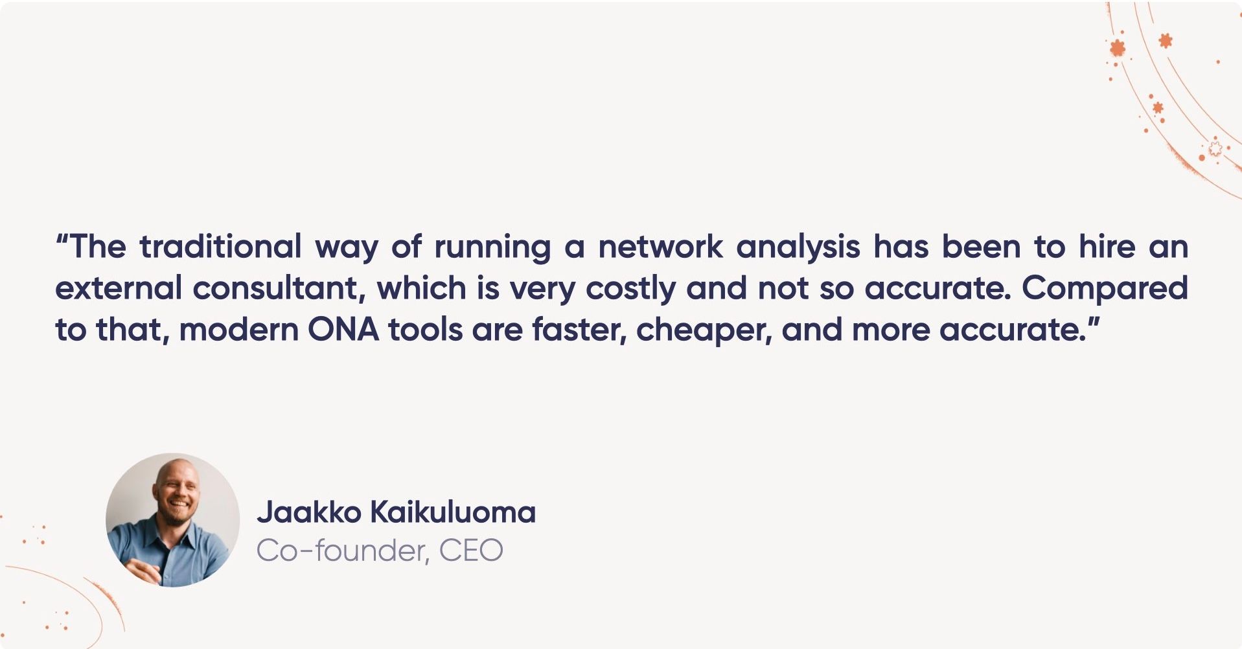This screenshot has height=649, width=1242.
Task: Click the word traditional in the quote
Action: pyautogui.click(x=220, y=247)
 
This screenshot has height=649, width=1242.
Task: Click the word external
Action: pyautogui.click(x=118, y=288)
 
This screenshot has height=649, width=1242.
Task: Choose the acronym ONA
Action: pyautogui.click(x=343, y=330)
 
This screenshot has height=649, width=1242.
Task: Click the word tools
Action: pyautogui.click(x=426, y=330)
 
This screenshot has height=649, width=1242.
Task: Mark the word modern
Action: pyautogui.click(x=238, y=330)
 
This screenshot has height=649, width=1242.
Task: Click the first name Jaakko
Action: pyautogui.click(x=308, y=512)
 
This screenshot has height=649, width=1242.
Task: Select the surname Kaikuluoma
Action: pyautogui.click(x=452, y=512)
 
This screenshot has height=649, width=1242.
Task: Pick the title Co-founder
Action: pyautogui.click(x=341, y=551)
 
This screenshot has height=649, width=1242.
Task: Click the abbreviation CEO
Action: pyautogui.click(x=471, y=551)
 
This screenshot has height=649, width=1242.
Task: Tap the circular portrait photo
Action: pyautogui.click(x=172, y=519)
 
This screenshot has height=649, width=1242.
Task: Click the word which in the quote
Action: pyautogui.click(x=421, y=288)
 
